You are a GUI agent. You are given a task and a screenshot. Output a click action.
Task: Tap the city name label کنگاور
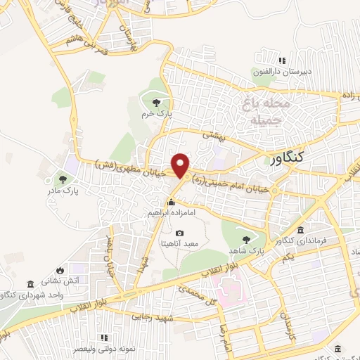click(x=287, y=159)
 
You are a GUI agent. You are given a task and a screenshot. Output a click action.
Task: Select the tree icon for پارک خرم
click(x=155, y=103)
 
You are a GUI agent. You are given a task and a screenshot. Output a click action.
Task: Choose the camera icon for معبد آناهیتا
click(x=180, y=233)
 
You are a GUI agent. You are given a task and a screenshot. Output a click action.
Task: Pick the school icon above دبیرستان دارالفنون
click(x=283, y=60)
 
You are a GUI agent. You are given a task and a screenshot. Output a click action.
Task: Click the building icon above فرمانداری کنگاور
click(x=301, y=231)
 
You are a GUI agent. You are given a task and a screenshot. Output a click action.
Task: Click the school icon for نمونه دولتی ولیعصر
click(x=105, y=337)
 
